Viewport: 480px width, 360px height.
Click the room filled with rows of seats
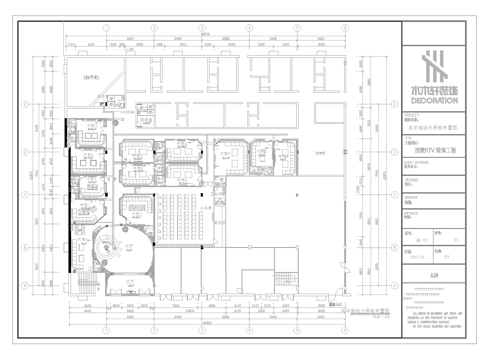[x=180, y=215]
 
